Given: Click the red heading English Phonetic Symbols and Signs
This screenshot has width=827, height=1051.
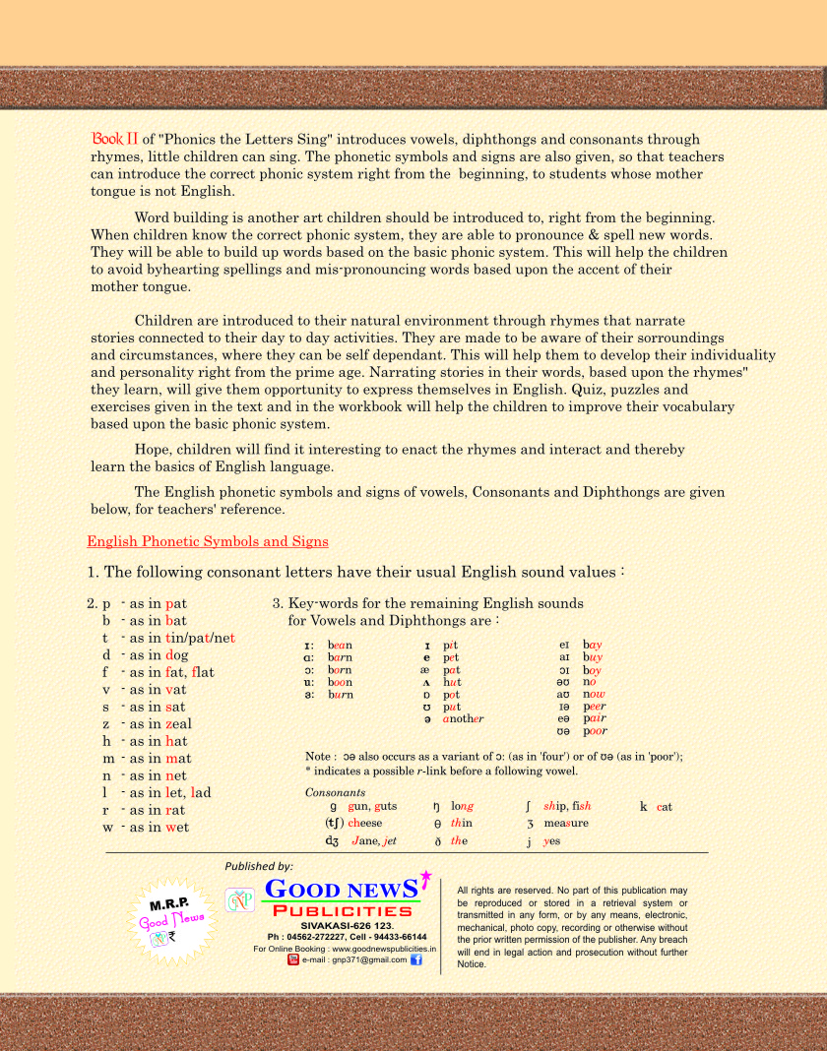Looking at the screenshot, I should click(x=208, y=541).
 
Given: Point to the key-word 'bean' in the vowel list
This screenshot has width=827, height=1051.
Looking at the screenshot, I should click(x=341, y=643).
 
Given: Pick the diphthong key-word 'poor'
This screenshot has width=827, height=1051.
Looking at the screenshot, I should click(x=595, y=732).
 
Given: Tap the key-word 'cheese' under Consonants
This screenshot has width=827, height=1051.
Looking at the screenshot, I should click(x=364, y=823).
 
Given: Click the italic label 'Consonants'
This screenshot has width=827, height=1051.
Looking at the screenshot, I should click(x=335, y=792).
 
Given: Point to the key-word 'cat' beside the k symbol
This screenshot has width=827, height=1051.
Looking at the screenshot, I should click(x=665, y=807).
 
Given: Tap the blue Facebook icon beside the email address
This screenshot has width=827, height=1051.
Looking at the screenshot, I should click(x=416, y=959).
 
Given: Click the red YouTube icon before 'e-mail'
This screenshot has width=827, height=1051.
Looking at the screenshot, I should click(x=293, y=959).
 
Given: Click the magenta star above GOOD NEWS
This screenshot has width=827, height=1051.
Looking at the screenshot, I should click(x=426, y=876).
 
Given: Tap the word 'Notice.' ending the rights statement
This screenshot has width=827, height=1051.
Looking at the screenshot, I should click(x=473, y=964).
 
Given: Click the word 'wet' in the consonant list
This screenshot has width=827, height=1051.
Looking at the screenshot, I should click(x=177, y=828).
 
